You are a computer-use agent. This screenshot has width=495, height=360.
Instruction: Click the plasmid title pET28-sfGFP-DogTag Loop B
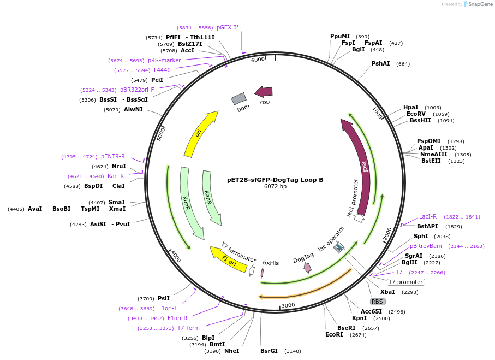click(275, 179)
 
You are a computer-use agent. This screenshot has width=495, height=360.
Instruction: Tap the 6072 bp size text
click(275, 187)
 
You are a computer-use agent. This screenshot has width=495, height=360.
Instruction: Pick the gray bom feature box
click(238, 98)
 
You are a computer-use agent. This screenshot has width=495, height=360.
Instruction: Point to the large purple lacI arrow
click(360, 164)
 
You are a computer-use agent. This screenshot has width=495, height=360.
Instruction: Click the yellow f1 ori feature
click(228, 259)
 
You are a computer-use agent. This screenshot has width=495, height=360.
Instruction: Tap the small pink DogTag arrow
click(307, 267)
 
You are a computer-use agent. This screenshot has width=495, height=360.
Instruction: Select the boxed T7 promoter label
click(405, 282)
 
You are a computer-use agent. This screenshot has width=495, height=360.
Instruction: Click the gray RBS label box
click(378, 302)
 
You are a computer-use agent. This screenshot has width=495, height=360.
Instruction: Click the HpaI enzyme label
click(411, 107)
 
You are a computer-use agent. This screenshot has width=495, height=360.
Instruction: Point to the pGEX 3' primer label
click(227, 27)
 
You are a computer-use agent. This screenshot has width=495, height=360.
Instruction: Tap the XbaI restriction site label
click(387, 292)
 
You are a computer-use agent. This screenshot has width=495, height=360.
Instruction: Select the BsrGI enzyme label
click(269, 351)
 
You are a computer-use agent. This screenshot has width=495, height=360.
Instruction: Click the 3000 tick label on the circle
click(288, 305)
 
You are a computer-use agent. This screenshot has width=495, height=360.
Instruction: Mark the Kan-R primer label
click(116, 176)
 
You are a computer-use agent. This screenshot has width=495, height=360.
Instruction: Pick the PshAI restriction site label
click(381, 63)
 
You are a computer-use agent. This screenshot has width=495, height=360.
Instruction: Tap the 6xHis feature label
click(271, 263)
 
